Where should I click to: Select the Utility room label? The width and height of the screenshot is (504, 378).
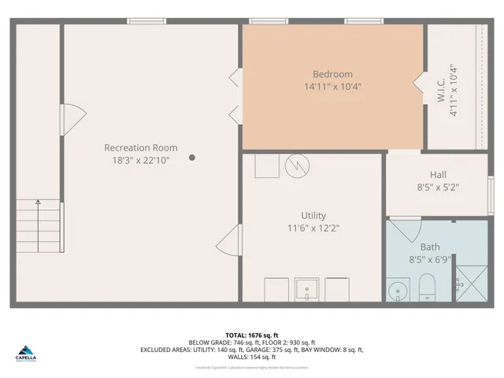313,215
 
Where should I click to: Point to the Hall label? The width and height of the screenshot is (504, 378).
438,175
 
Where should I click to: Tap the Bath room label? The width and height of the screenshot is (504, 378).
430,246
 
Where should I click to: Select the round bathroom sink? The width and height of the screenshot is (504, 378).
398,291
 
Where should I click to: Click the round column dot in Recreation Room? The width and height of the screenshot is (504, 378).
192,157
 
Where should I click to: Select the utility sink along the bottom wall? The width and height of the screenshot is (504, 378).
306,289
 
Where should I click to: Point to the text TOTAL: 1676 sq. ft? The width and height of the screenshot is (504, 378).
251,334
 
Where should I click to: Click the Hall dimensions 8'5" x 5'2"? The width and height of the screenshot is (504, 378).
438,187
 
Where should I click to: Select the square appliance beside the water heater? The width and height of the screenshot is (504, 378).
268,166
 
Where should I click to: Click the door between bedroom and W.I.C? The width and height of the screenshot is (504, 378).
418,81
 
